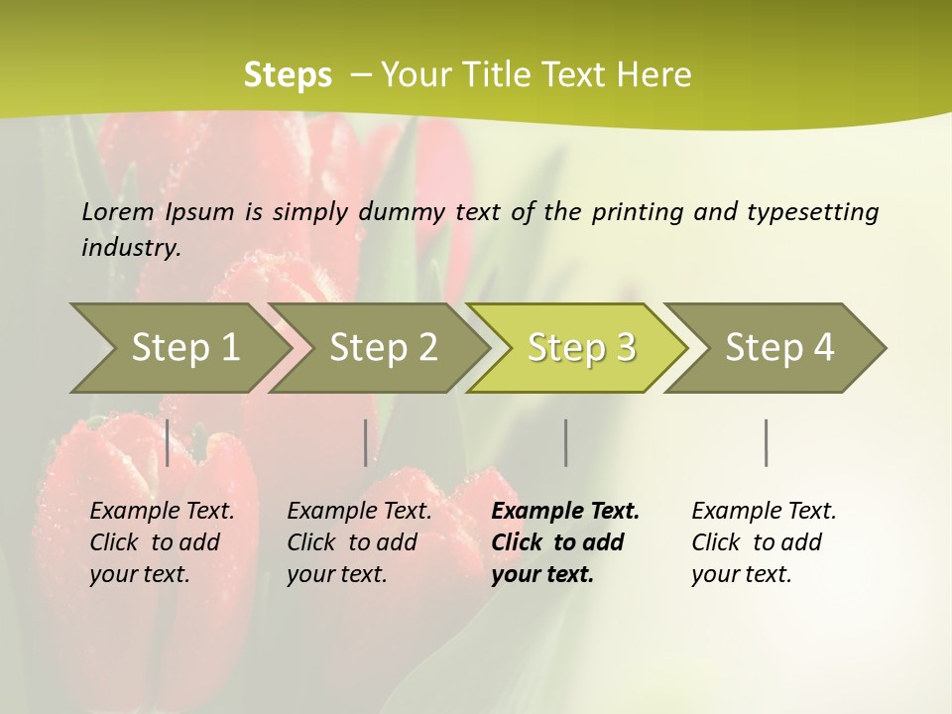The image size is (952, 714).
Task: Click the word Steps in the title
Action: coord(288,75)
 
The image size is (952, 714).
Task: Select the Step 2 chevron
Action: coord(383,347)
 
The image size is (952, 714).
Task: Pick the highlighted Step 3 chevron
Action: coord(581,347)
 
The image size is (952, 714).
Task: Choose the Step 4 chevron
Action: coord(779,347)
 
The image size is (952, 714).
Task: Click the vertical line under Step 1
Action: coord(168,442)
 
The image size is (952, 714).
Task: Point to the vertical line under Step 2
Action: coord(366,442)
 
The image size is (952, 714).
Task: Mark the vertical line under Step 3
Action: coord(566,442)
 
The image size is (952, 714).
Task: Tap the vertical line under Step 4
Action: coord(767,442)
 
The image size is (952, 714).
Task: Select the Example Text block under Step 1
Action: coord(161,542)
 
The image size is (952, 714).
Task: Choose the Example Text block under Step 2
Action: coord(358,542)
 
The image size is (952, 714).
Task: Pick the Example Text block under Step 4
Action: coord(763,542)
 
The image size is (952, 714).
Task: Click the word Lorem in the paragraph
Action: coord(118,211)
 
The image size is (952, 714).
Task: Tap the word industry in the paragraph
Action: coord(131,248)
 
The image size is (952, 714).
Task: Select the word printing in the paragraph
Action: coord(635,212)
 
